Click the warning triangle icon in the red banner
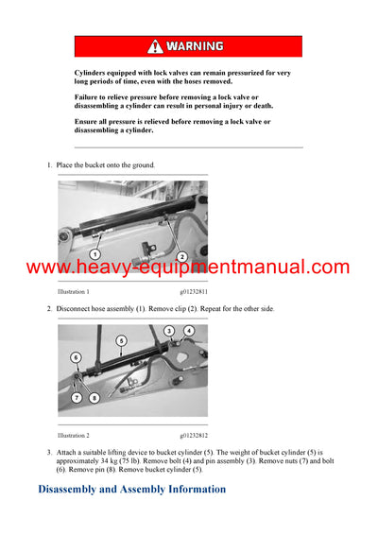(156, 46)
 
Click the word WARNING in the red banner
(195, 46)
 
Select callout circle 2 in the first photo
(181, 256)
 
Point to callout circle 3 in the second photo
(169, 331)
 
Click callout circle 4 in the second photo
(189, 331)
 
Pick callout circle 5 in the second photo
(121, 340)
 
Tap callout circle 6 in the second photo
(77, 357)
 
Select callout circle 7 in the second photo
(76, 397)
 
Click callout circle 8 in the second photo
(94, 398)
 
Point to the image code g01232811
(189, 292)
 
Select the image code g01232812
(189, 436)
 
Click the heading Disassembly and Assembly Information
(131, 489)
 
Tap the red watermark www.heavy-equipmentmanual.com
(188, 267)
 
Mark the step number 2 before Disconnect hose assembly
(49, 309)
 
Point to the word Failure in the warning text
(89, 97)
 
